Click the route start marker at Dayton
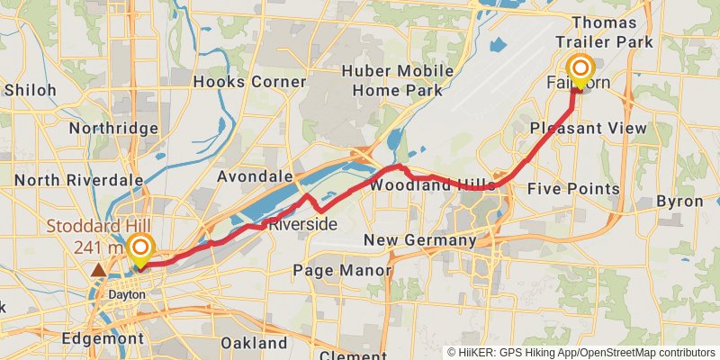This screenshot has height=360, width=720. (141, 249)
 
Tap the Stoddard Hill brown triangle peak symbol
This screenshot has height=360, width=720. (98, 269)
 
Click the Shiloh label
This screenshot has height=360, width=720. (30, 90)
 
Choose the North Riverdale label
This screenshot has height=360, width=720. (78, 180)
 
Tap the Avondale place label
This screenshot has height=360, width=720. (255, 176)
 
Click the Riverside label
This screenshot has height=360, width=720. (302, 223)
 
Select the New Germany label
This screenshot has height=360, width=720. (419, 240)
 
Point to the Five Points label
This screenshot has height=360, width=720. (573, 189)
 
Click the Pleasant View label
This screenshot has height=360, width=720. (589, 129)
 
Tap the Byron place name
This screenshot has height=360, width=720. (679, 201)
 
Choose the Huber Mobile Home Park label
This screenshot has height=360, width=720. (397, 81)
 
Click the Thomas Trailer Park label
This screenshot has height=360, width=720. (603, 31)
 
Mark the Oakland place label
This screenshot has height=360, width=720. (254, 343)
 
